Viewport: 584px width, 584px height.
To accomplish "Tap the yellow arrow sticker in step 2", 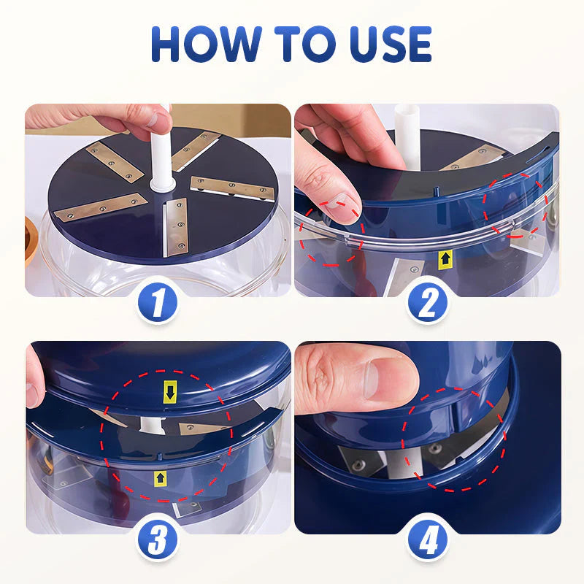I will tap(445, 258).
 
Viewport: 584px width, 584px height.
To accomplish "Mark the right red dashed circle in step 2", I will tap(517, 206).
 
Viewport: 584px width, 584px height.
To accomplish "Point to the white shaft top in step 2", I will tap(405, 120).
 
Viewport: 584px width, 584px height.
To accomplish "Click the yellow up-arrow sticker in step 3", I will tap(158, 478).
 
